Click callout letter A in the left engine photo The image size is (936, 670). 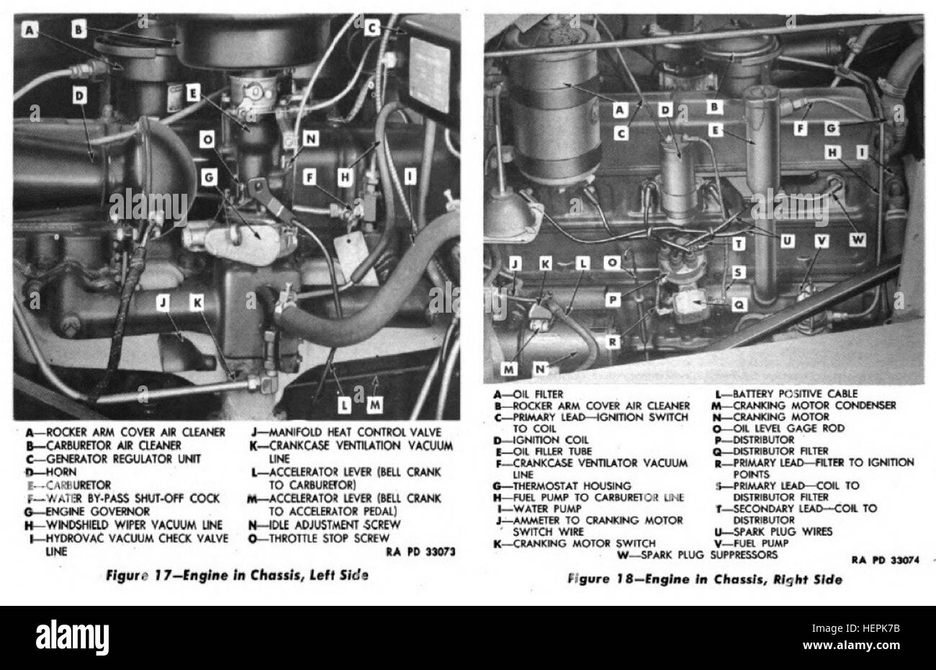pos(30,30)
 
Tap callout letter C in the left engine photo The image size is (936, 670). pos(372,28)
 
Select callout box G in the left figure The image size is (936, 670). pos(210,175)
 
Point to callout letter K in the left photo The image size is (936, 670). pos(196,304)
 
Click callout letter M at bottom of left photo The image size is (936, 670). pos(374,406)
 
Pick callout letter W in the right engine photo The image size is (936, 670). pos(856,241)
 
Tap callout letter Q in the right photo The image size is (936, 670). pos(738,304)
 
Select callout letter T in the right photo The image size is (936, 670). pos(739,244)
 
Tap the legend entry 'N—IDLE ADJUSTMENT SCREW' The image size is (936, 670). pos(323,524)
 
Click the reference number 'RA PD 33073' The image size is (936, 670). pos(421,552)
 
